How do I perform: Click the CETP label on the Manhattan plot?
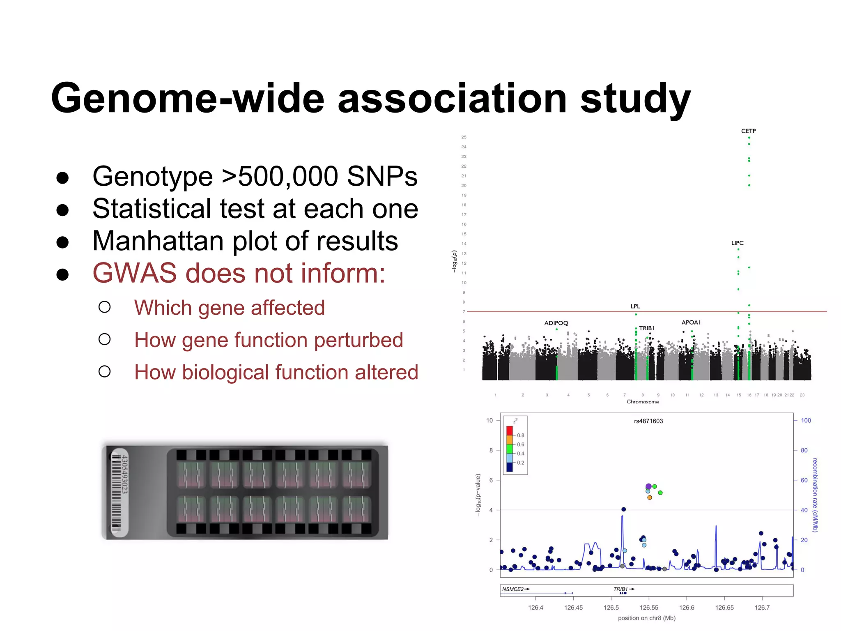748,131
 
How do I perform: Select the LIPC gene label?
737,243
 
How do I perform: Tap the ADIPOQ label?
556,323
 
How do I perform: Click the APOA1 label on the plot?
691,322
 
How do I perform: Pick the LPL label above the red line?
635,306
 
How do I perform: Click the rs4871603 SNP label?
648,421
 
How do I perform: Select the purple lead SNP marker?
648,486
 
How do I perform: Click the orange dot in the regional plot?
650,497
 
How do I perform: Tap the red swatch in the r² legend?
510,431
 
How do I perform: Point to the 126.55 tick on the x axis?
649,608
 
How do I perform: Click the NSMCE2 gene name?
513,589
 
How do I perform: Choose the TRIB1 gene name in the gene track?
620,589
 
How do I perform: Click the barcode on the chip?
117,493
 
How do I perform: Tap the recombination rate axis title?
815,495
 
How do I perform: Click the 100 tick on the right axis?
806,420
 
